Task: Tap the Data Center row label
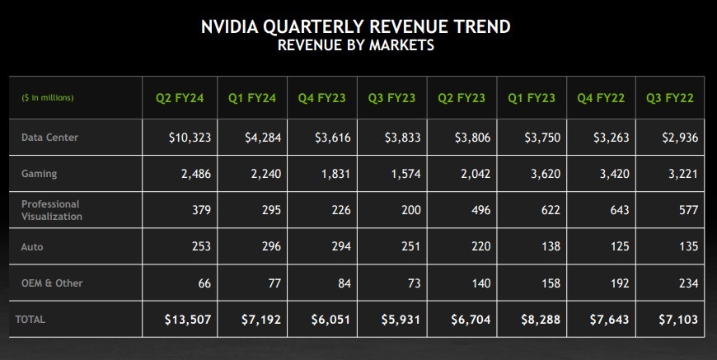pyautogui.click(x=49, y=138)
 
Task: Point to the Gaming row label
pyautogui.click(x=39, y=175)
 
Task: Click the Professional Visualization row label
pyautogui.click(x=52, y=210)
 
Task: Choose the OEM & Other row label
pyautogui.click(x=52, y=283)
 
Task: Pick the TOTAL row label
pyautogui.click(x=30, y=320)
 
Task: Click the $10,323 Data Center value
pyautogui.click(x=190, y=138)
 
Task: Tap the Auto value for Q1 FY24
pyautogui.click(x=269, y=247)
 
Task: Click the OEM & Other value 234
pyautogui.click(x=686, y=283)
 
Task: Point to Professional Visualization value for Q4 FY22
pyautogui.click(x=616, y=210)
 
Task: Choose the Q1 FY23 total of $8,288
pyautogui.click(x=541, y=320)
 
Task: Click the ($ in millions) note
pyautogui.click(x=48, y=99)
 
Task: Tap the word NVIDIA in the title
pyautogui.click(x=232, y=27)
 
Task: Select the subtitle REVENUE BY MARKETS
pyautogui.click(x=355, y=46)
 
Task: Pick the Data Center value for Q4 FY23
pyautogui.click(x=332, y=138)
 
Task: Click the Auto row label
pyautogui.click(x=33, y=247)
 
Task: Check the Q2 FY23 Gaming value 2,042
pyautogui.click(x=476, y=175)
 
